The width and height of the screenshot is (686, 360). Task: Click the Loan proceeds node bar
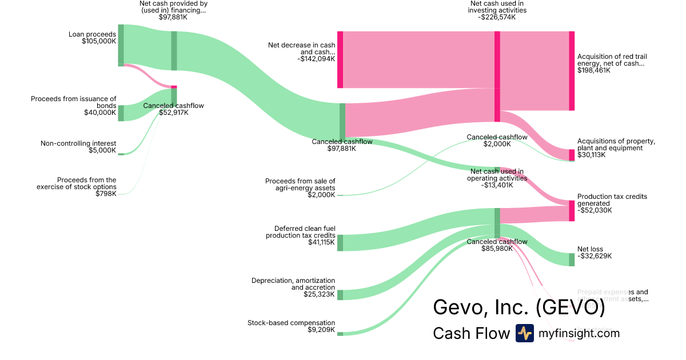click(x=121, y=45)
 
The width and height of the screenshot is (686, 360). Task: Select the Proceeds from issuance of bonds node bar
click(x=121, y=113)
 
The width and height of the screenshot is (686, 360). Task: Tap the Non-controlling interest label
click(x=78, y=143)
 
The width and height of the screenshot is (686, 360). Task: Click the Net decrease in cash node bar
click(x=340, y=60)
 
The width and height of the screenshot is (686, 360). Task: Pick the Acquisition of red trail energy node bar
click(x=572, y=71)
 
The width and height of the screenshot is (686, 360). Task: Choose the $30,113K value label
click(x=591, y=155)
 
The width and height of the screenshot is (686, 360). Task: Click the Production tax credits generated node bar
click(x=572, y=211)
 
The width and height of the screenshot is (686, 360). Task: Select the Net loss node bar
click(x=572, y=259)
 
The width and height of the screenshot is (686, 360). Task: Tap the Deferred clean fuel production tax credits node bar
click(x=340, y=242)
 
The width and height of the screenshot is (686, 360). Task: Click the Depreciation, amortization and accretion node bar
click(x=340, y=295)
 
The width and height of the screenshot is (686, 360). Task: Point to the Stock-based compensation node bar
click(x=340, y=334)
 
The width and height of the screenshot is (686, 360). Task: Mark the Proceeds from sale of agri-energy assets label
click(x=300, y=185)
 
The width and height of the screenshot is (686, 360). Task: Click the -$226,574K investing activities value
click(x=497, y=17)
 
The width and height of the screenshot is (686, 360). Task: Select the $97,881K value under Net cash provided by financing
click(x=173, y=17)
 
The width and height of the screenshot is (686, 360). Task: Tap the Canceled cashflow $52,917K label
click(x=173, y=109)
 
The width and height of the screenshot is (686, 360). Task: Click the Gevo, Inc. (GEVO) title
click(x=519, y=307)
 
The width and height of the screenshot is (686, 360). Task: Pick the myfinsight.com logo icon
click(x=524, y=333)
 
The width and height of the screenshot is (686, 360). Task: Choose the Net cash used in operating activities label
click(x=497, y=174)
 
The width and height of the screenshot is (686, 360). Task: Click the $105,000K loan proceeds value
click(x=99, y=41)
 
